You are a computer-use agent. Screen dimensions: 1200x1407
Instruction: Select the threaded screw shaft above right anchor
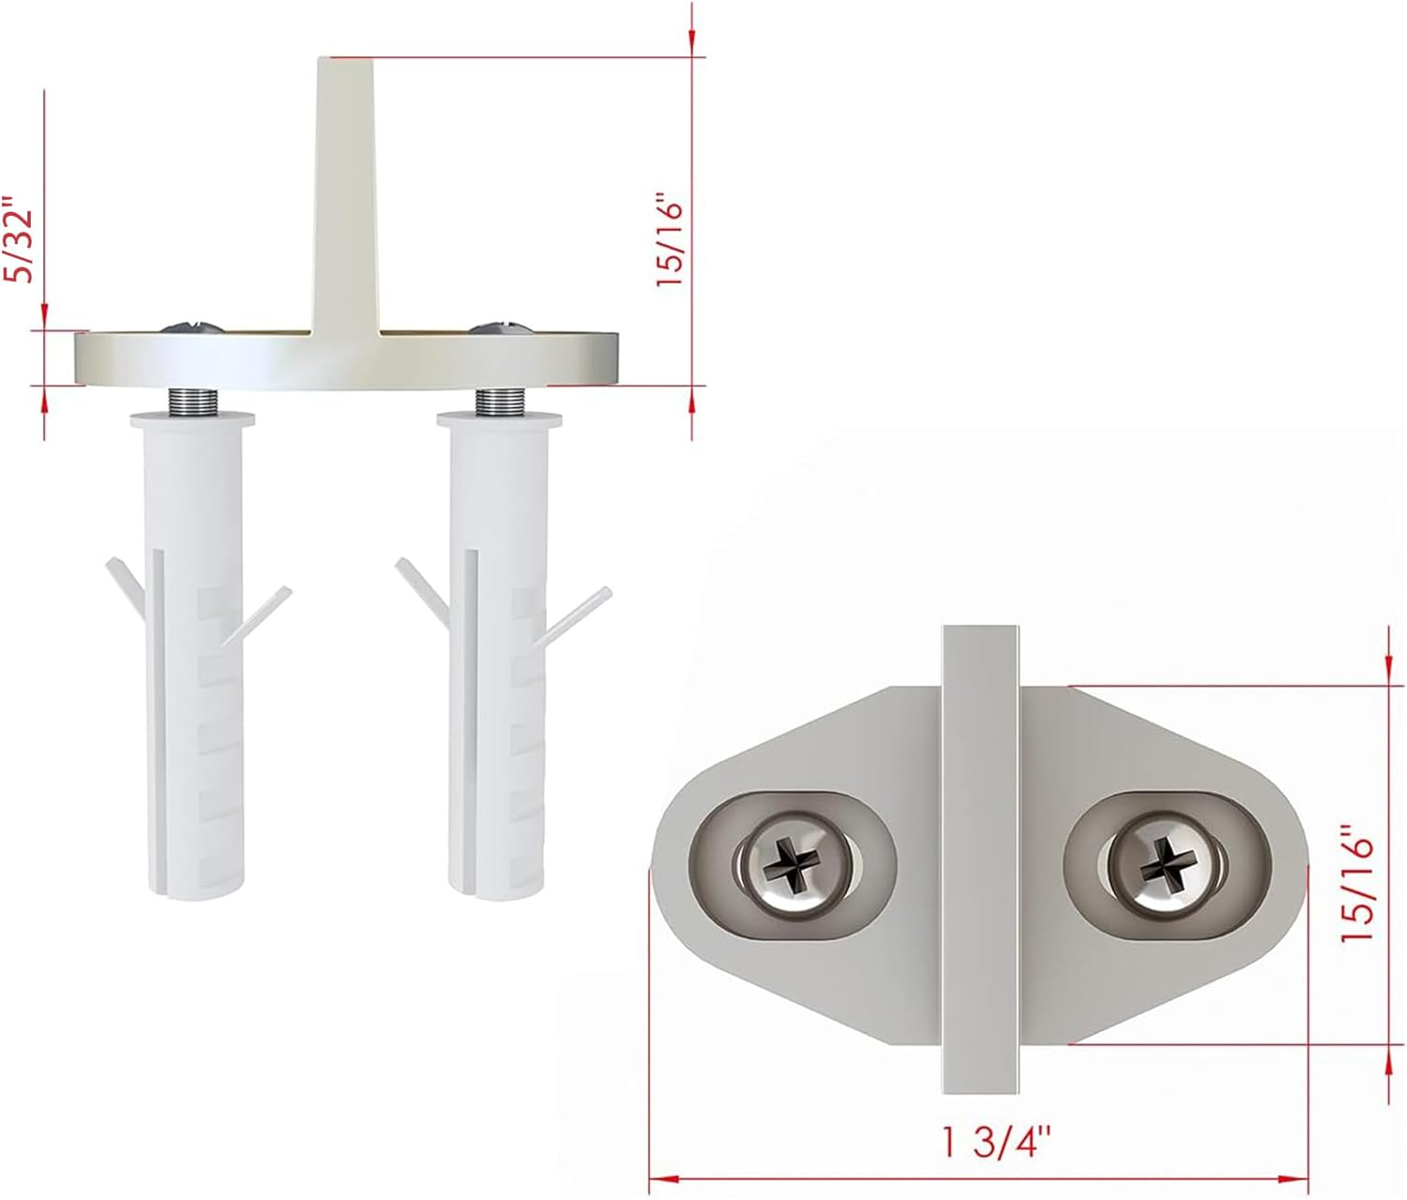[x=498, y=402]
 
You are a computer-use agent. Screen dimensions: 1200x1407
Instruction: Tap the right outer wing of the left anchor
[x=258, y=615]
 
